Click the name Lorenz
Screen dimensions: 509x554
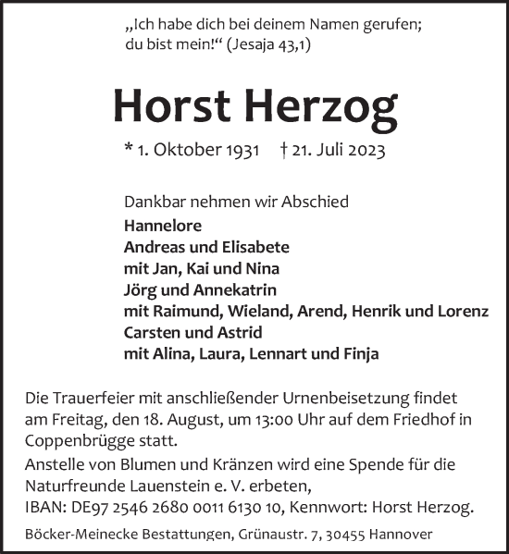(464, 312)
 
